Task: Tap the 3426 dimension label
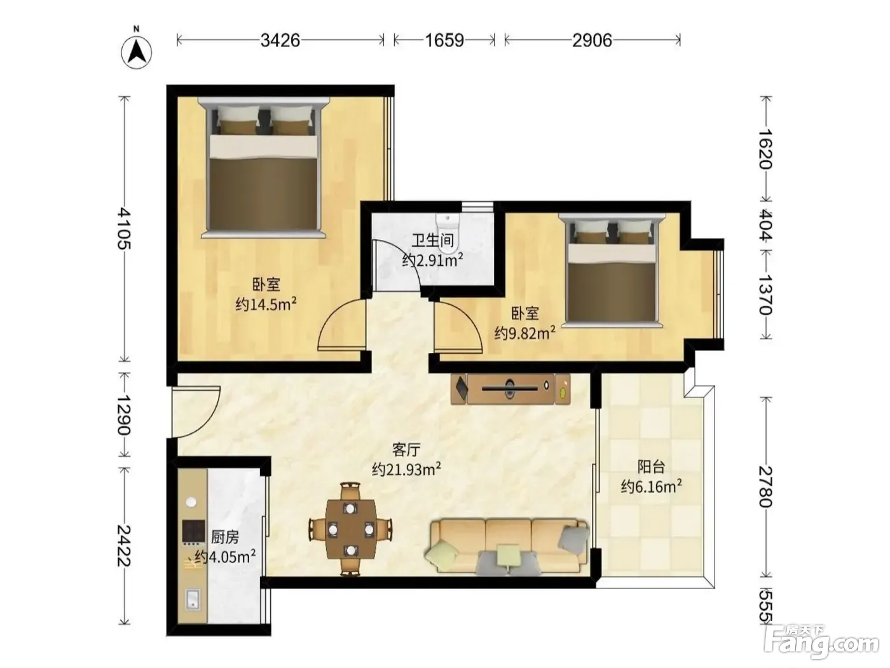click(x=280, y=41)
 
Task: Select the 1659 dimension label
click(x=444, y=41)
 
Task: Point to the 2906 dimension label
click(x=592, y=41)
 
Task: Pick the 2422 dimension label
click(x=125, y=545)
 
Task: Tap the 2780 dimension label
click(x=765, y=487)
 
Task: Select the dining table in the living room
click(x=350, y=529)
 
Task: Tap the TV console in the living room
click(x=510, y=389)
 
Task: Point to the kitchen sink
click(x=192, y=599)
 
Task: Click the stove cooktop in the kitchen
click(x=193, y=532)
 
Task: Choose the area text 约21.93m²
click(x=406, y=470)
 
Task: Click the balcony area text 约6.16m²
click(x=651, y=486)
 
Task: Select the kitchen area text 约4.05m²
click(x=225, y=557)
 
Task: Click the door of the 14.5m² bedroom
click(x=342, y=324)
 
